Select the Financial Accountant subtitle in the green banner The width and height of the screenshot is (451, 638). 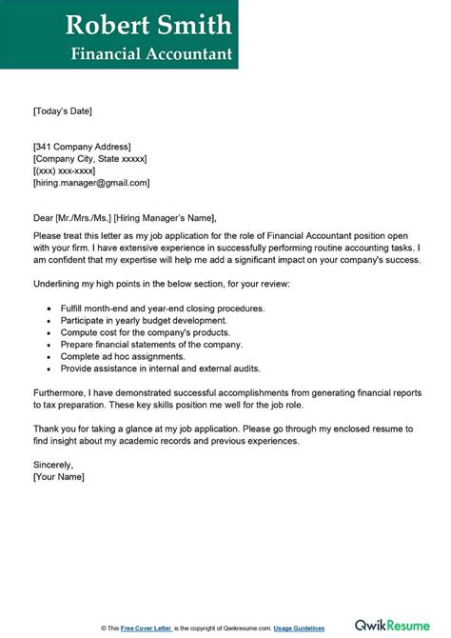(x=151, y=53)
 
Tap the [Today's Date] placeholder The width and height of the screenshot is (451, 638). (x=63, y=111)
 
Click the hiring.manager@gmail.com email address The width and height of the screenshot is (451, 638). (x=91, y=183)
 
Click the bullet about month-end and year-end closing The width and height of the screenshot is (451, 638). (x=162, y=309)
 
